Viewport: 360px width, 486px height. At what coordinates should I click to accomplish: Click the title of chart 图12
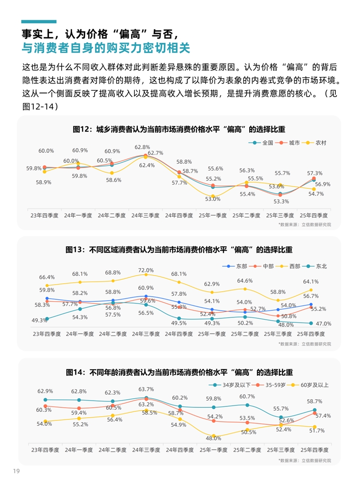[x=179, y=129]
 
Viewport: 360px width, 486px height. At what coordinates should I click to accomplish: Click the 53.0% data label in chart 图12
[x=213, y=198]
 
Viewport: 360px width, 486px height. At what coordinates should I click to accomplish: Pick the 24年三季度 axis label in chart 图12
[x=145, y=215]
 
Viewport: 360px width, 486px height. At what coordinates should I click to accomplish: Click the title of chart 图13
[x=179, y=250]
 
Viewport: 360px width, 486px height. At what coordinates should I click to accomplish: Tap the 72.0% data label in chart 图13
[x=146, y=270]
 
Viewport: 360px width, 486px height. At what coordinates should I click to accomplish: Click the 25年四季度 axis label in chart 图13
[x=310, y=334]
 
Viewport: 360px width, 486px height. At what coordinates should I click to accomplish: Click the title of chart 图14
[x=179, y=372]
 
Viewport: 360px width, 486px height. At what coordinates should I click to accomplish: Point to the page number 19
[x=17, y=471]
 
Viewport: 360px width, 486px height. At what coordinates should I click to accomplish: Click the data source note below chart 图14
[x=305, y=460]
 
